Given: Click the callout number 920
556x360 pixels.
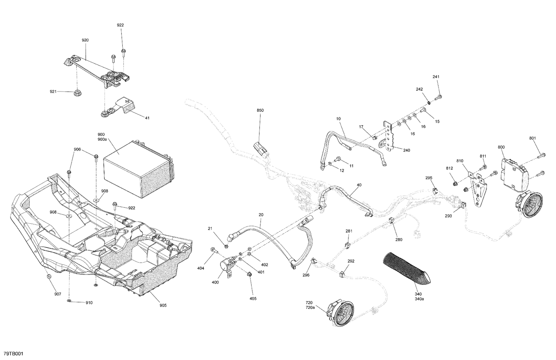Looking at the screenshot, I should click(85, 40).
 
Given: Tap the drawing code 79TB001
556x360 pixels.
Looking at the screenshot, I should click(13, 354).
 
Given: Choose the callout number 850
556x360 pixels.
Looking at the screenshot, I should click(261, 110).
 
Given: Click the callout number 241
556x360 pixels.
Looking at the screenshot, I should click(436, 77).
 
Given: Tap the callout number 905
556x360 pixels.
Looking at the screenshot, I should click(163, 305).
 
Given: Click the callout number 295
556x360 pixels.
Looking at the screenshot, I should click(429, 178).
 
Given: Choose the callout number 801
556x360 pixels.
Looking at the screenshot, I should click(533, 138).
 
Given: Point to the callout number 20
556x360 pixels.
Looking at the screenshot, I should click(261, 215).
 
